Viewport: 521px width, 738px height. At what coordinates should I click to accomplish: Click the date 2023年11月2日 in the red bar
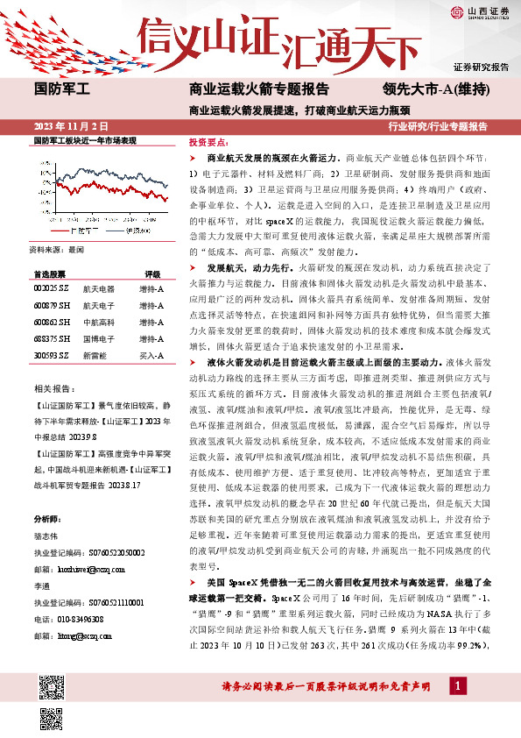[x=70, y=126]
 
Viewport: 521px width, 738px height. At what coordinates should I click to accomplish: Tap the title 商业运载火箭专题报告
[x=259, y=89]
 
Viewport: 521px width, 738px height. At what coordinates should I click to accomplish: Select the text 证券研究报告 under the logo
[x=481, y=67]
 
